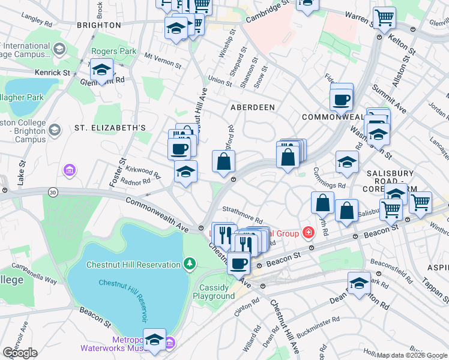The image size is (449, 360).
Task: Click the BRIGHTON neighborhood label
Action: pos(100,25)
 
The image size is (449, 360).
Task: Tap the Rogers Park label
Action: pos(113,52)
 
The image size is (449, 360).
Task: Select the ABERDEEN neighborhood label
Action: pos(253,107)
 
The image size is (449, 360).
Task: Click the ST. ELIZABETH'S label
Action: pos(110,128)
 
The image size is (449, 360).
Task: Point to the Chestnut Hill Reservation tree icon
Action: pos(190,264)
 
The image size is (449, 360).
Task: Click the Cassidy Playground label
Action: pos(217,292)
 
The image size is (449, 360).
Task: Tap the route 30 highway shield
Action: pos(53,191)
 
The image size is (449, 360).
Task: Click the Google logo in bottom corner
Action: pos(20,353)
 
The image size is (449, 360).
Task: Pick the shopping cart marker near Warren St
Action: pos(384,17)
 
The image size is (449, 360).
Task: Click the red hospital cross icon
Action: pos(309,232)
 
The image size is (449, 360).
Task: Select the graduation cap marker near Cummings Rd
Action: pos(346,162)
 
